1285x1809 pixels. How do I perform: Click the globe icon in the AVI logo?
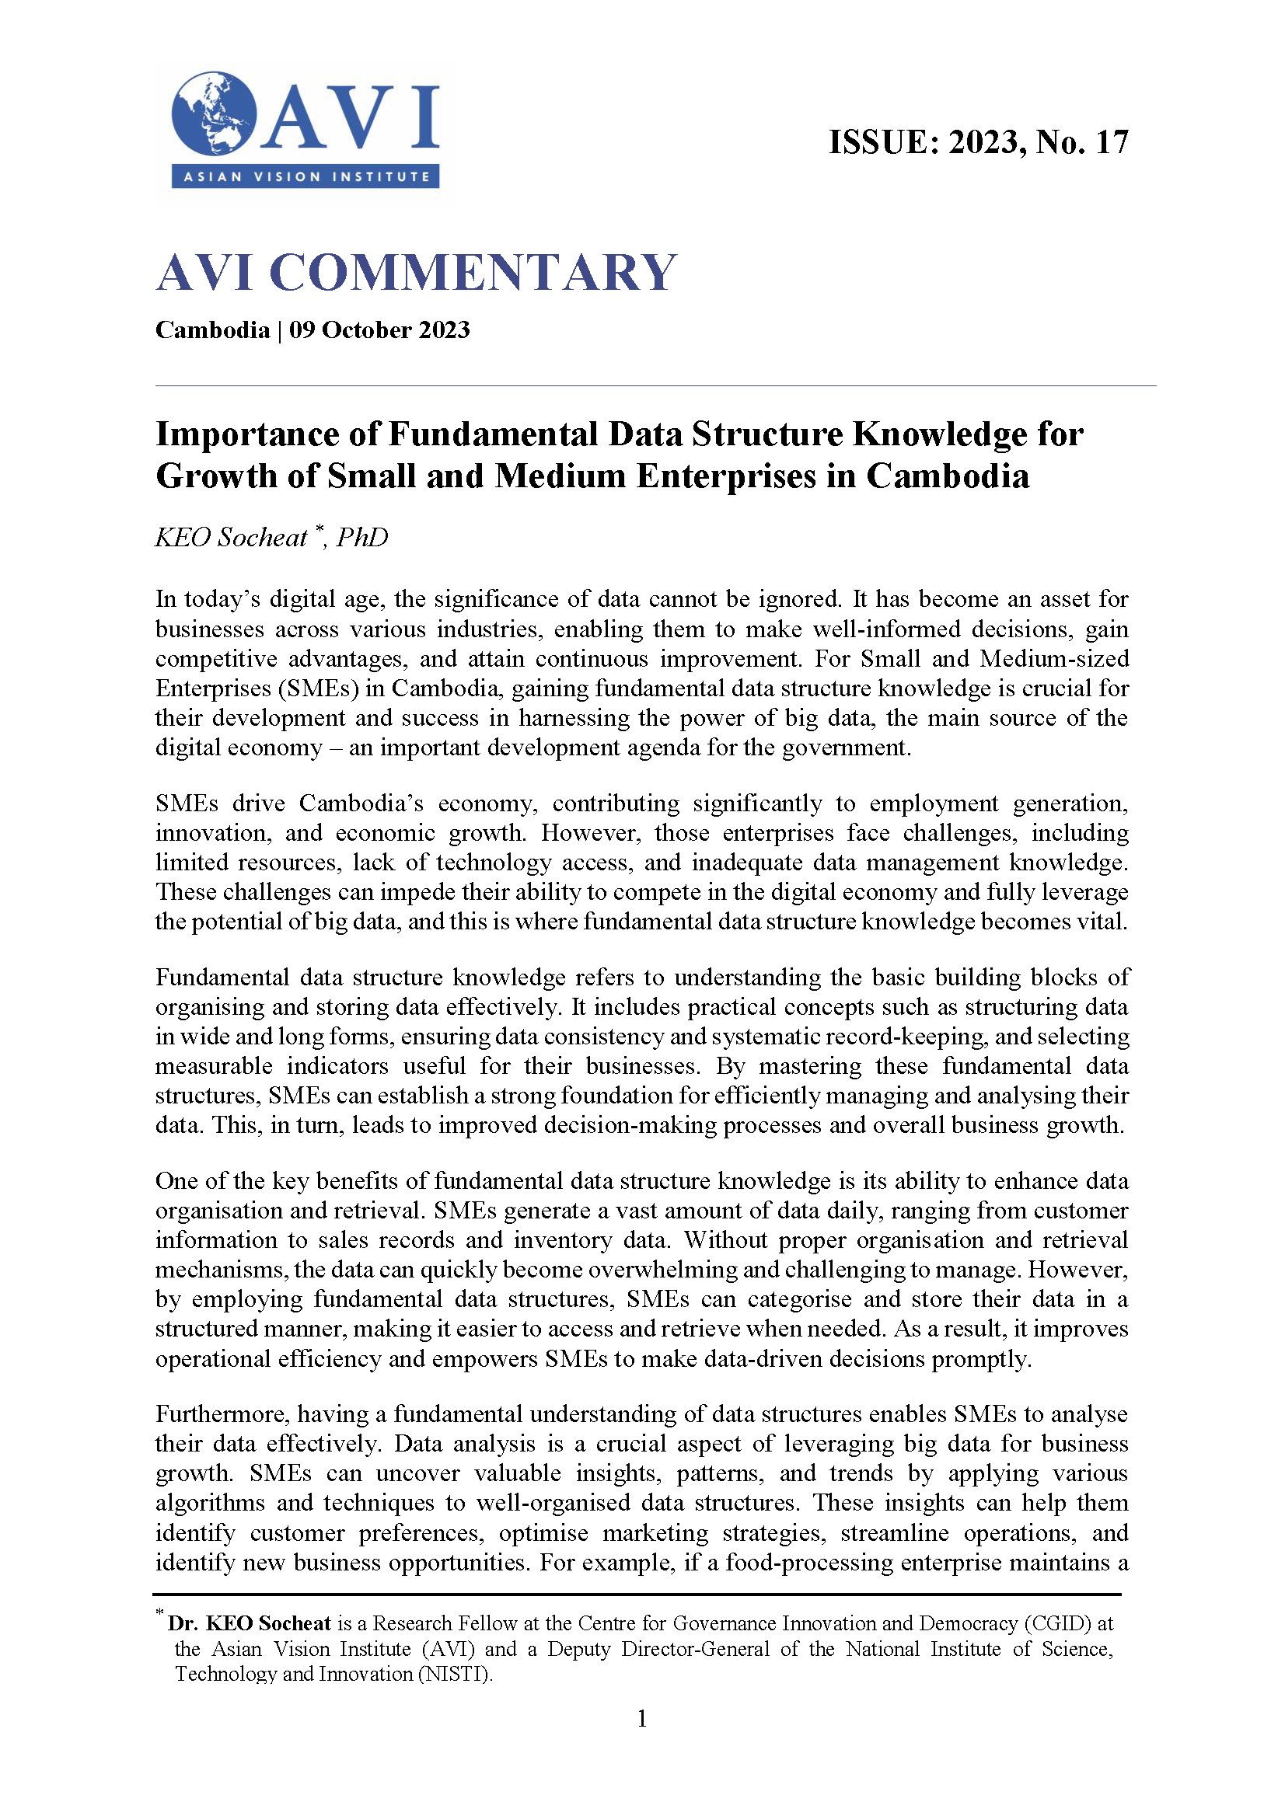click(x=214, y=114)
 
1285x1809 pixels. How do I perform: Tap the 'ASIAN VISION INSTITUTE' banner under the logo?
click(x=306, y=176)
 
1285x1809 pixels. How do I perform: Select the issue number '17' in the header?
click(x=1111, y=142)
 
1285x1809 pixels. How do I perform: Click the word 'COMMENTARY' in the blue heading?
click(x=473, y=272)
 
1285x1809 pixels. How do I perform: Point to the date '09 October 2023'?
click(x=379, y=329)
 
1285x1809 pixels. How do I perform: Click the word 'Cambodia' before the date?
click(x=212, y=329)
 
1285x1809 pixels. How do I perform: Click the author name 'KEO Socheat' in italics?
click(x=230, y=537)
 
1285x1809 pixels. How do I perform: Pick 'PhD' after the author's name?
click(x=362, y=537)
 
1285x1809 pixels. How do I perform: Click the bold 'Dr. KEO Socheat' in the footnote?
click(x=250, y=1623)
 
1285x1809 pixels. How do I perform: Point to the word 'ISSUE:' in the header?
click(x=883, y=142)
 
